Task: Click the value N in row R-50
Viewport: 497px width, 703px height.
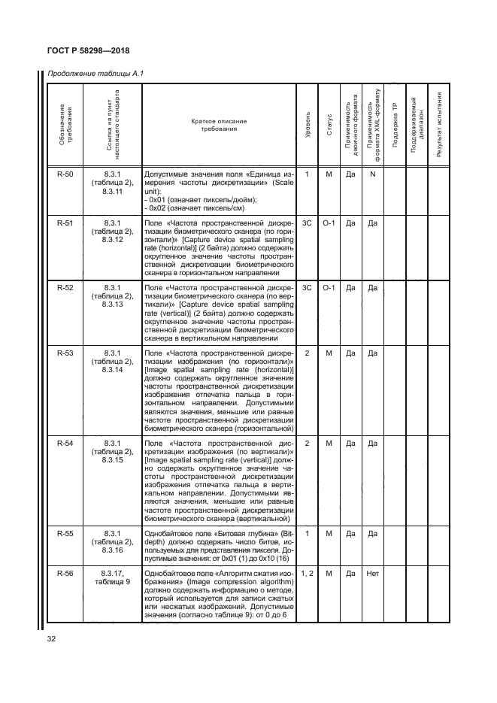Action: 371,174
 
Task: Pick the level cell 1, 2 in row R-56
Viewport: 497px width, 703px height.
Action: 308,573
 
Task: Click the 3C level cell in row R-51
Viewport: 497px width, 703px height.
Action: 308,223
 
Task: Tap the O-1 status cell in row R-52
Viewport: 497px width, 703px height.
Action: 329,287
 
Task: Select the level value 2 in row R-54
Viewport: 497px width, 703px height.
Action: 308,444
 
